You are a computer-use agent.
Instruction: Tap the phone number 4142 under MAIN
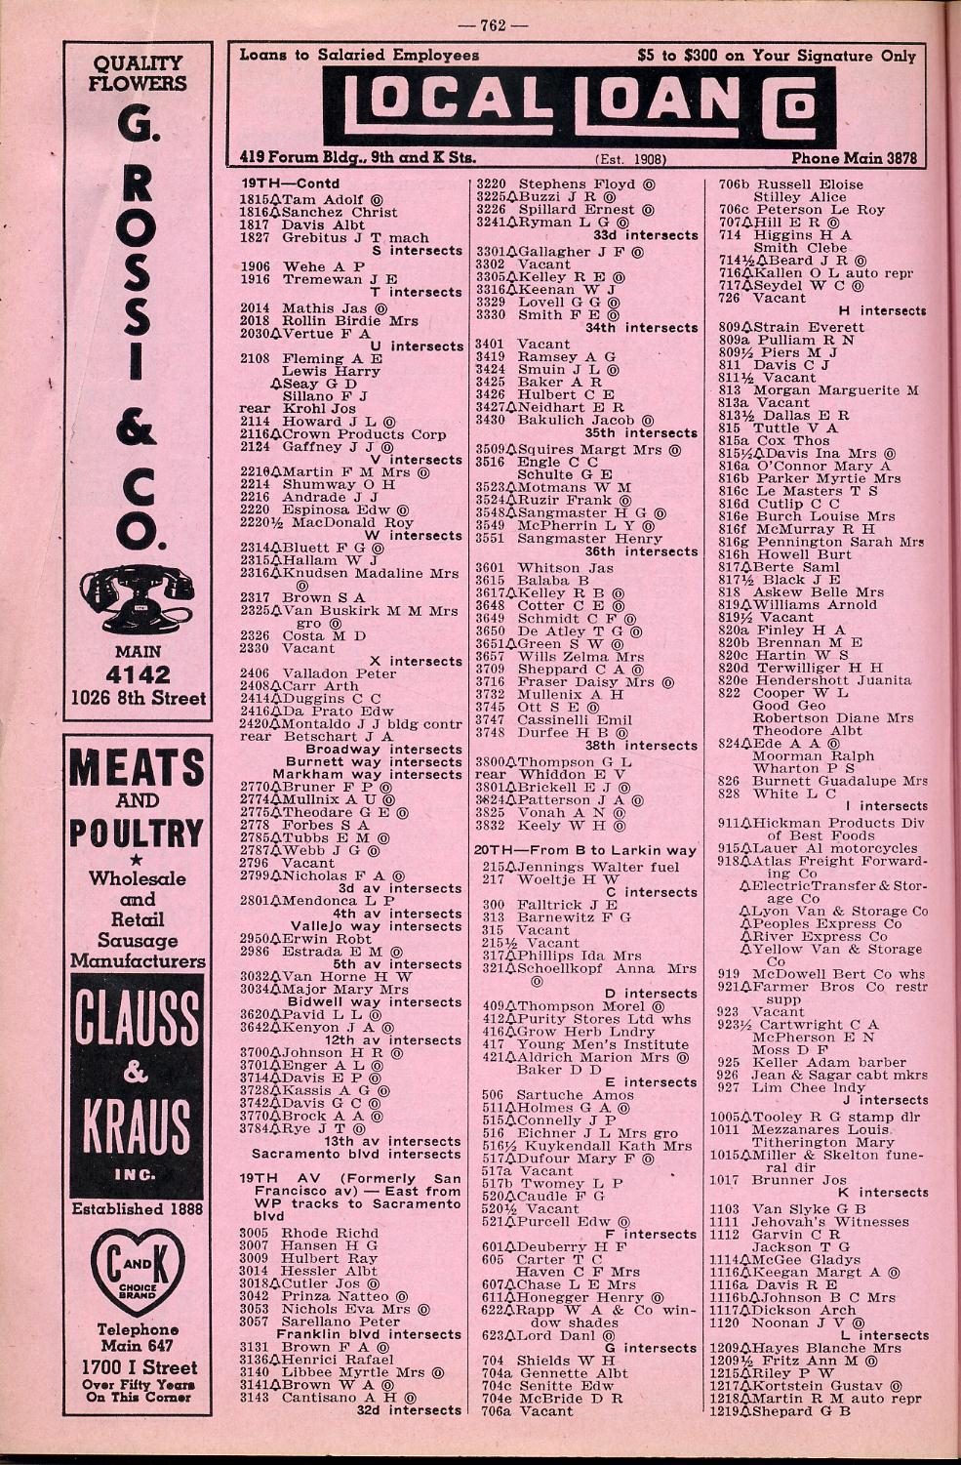pos(136,674)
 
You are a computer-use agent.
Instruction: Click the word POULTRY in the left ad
pos(137,835)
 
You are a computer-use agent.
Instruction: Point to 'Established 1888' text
pos(137,1209)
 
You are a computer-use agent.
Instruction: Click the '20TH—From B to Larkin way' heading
pos(585,850)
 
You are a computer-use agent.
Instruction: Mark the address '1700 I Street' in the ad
pos(136,1366)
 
